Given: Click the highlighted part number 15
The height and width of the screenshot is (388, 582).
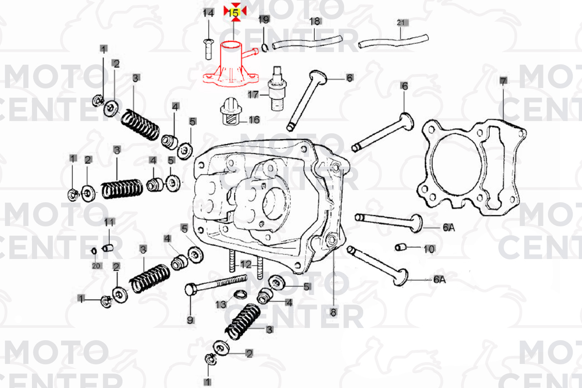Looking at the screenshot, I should pyautogui.click(x=234, y=13).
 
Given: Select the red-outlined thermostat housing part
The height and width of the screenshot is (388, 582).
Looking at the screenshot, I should pyautogui.click(x=230, y=65).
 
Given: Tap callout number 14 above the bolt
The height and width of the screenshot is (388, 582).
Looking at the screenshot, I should pyautogui.click(x=208, y=13).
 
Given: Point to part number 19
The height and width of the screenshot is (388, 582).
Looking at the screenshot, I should pyautogui.click(x=264, y=19).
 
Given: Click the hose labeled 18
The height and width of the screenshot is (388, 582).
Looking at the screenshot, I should pyautogui.click(x=307, y=42).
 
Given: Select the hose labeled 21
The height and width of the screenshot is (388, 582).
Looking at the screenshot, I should pyautogui.click(x=393, y=41).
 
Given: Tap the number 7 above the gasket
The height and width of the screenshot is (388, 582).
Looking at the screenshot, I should pyautogui.click(x=503, y=81).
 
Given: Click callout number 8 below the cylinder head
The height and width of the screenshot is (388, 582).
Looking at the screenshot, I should pyautogui.click(x=333, y=313).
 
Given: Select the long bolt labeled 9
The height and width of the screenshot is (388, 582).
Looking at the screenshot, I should pyautogui.click(x=216, y=284).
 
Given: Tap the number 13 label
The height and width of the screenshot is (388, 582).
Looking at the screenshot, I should pyautogui.click(x=221, y=305).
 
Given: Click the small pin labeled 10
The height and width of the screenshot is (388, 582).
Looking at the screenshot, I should pyautogui.click(x=400, y=247).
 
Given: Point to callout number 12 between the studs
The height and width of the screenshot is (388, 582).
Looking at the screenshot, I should pyautogui.click(x=246, y=265).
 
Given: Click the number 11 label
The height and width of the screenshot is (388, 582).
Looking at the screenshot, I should pyautogui.click(x=109, y=222).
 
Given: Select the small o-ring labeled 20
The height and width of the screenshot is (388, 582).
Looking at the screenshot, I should pyautogui.click(x=94, y=250).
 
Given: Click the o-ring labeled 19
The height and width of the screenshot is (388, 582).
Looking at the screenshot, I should pyautogui.click(x=265, y=47).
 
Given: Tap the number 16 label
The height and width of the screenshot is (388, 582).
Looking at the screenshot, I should pyautogui.click(x=254, y=120).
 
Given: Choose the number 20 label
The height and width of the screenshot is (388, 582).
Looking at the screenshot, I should pyautogui.click(x=96, y=266).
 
